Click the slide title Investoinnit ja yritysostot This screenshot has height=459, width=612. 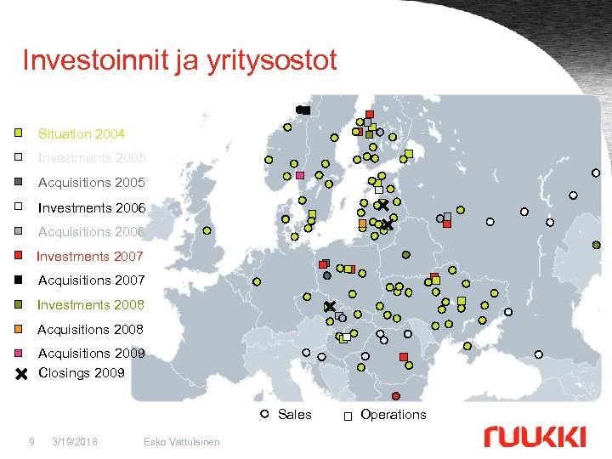[179, 60]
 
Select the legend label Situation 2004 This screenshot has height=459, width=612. [81, 133]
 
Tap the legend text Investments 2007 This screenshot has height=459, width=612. [89, 256]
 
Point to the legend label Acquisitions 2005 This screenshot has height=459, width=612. [91, 183]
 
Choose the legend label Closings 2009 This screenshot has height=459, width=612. [82, 372]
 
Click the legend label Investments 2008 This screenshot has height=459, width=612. [90, 304]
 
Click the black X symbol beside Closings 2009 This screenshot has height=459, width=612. [22, 373]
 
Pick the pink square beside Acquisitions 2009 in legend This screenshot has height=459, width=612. [18, 353]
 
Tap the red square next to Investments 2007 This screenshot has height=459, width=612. [18, 255]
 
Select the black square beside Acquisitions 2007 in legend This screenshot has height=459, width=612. [18, 280]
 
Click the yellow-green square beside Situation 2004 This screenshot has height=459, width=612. [18, 133]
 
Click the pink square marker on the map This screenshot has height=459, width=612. [300, 176]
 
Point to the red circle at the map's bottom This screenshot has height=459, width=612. [395, 396]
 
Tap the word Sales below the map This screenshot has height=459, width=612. [294, 415]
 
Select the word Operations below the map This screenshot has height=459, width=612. [393, 415]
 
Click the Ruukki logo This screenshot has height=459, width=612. [535, 437]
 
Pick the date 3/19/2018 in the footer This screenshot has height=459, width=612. [74, 441]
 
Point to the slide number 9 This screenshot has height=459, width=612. [31, 441]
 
